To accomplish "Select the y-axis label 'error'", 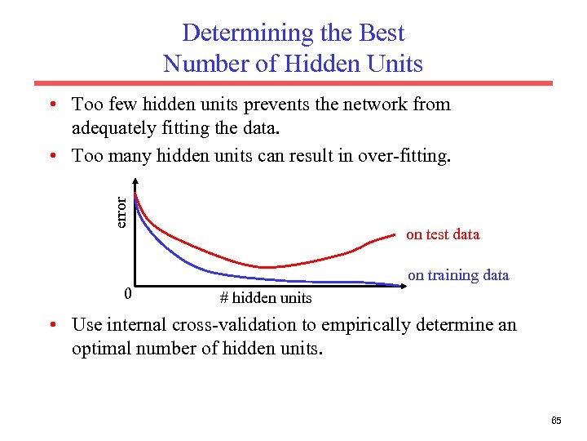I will click(x=121, y=212).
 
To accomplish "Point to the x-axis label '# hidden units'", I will click(x=266, y=297).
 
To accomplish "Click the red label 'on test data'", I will click(x=443, y=234).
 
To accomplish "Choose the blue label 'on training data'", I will click(x=458, y=275).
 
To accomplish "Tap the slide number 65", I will click(x=556, y=421).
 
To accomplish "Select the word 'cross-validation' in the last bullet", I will click(x=245, y=325).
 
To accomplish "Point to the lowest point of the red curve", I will click(x=269, y=267).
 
